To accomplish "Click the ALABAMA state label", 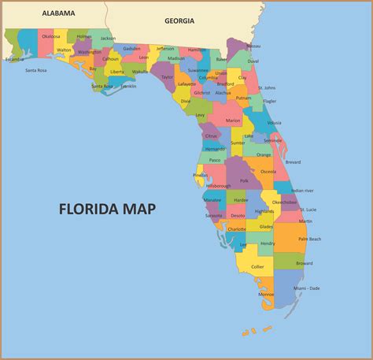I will (59, 13).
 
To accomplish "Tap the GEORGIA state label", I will (179, 21).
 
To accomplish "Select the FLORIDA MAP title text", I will (107, 209).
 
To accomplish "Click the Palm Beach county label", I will (309, 239).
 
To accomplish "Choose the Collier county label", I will (257, 266).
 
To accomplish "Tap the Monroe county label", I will (267, 295).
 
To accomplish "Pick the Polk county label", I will (245, 180).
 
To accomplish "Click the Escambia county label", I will (14, 59).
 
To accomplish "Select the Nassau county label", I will (253, 46).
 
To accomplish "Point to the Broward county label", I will (304, 264).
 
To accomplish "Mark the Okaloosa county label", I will (50, 36).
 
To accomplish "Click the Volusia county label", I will (275, 122).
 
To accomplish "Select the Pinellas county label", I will (201, 175).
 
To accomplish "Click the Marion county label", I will (233, 120).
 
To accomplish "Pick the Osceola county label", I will (268, 171).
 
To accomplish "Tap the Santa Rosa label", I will (36, 70).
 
